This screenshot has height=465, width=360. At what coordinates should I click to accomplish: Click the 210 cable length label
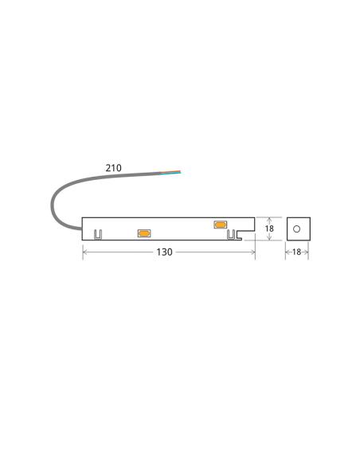tap(113, 168)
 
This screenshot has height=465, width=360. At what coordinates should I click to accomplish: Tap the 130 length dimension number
tap(164, 252)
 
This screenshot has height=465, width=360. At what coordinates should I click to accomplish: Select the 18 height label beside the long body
tap(269, 229)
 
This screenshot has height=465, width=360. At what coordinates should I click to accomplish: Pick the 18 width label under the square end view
tap(297, 252)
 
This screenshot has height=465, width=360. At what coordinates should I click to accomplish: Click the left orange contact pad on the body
tap(144, 233)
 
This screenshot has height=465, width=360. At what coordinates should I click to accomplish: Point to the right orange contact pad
tap(221, 225)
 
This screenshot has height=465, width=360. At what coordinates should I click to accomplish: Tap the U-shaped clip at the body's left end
tap(99, 235)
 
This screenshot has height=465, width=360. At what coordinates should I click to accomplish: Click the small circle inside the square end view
tap(297, 229)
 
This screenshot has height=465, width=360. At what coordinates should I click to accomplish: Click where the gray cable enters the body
tap(82, 229)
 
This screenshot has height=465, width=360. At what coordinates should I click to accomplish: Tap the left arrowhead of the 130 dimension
tap(85, 252)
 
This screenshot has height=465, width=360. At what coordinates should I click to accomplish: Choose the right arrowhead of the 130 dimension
tap(252, 252)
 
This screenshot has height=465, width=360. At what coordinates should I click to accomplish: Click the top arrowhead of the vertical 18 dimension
tap(269, 219)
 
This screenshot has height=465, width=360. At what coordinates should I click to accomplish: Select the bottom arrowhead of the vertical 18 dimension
tap(269, 238)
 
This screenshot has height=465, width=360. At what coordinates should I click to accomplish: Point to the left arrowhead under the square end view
tap(288, 252)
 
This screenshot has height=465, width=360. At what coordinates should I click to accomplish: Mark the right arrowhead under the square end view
tap(307, 252)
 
